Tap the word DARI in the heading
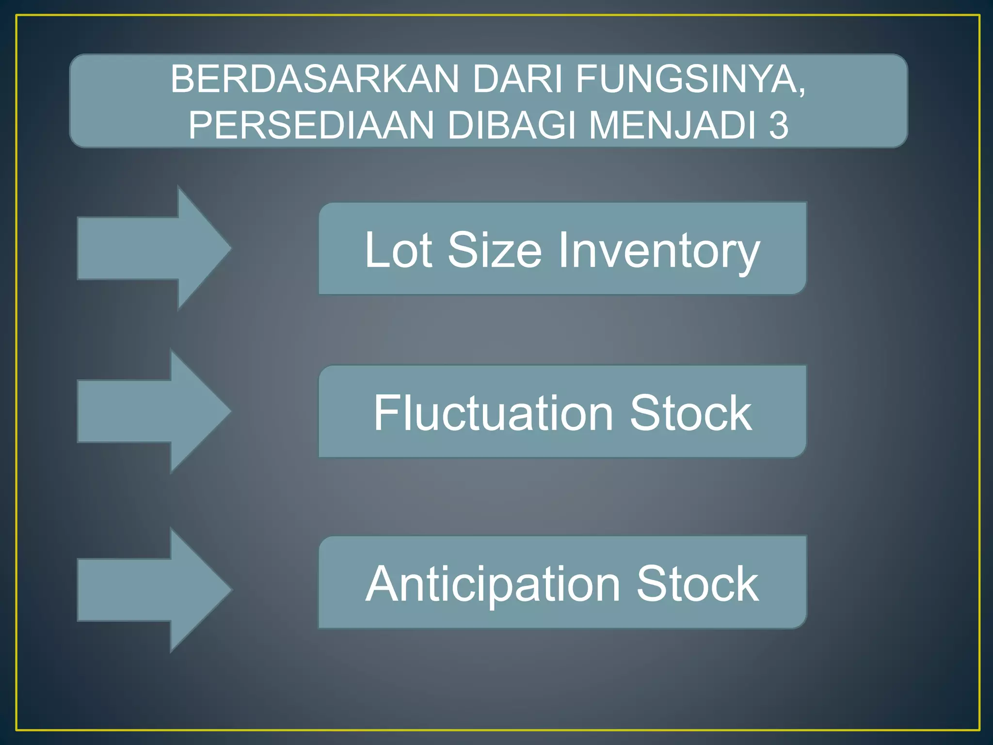point(518,79)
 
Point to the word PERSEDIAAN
point(311,126)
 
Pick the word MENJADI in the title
point(672,126)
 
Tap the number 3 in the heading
point(779,126)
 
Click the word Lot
point(398,250)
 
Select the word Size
point(495,250)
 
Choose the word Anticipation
point(493,584)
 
